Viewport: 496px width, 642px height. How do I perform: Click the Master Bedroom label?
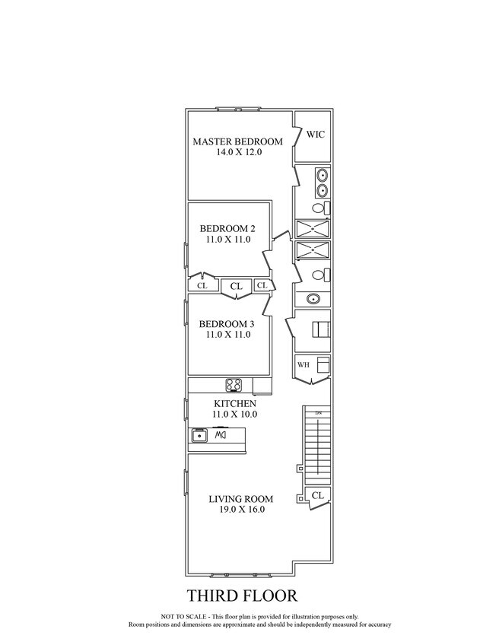(237, 141)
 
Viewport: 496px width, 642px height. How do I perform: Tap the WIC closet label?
(316, 134)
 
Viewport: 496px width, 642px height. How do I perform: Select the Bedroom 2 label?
(227, 228)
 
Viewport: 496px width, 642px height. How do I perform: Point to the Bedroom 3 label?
(227, 324)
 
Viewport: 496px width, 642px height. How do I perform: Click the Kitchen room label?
(235, 404)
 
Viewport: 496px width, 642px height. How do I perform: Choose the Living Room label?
(241, 499)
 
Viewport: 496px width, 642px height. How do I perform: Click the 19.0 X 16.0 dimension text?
(241, 510)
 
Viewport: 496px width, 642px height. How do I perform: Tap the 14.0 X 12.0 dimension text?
(239, 152)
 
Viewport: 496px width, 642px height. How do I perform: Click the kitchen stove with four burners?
(234, 385)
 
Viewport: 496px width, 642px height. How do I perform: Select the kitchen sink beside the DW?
(199, 435)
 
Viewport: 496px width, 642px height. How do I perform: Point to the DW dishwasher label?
(221, 435)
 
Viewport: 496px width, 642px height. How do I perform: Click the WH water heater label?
(304, 365)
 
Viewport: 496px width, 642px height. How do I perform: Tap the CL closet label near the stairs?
(318, 495)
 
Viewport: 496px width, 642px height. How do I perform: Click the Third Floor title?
(242, 596)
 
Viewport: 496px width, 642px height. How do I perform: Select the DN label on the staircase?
(318, 413)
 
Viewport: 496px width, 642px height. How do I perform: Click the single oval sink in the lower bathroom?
(313, 299)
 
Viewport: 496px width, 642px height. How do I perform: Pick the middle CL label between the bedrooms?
(237, 286)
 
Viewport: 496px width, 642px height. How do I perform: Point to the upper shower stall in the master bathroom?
(313, 229)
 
